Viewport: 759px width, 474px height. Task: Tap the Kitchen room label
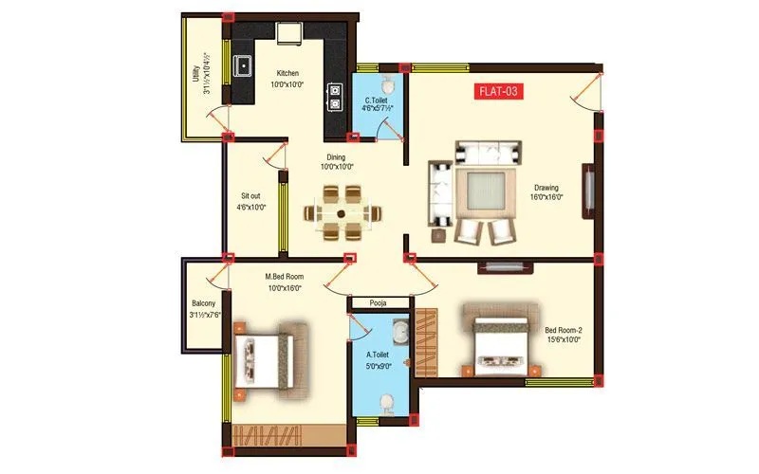pyautogui.click(x=287, y=73)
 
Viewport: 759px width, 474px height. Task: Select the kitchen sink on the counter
pyautogui.click(x=244, y=66)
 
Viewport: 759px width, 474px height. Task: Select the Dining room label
pyautogui.click(x=336, y=156)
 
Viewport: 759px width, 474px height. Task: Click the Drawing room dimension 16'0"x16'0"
pyautogui.click(x=546, y=197)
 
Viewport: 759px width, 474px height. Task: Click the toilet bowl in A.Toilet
pyautogui.click(x=385, y=405)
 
